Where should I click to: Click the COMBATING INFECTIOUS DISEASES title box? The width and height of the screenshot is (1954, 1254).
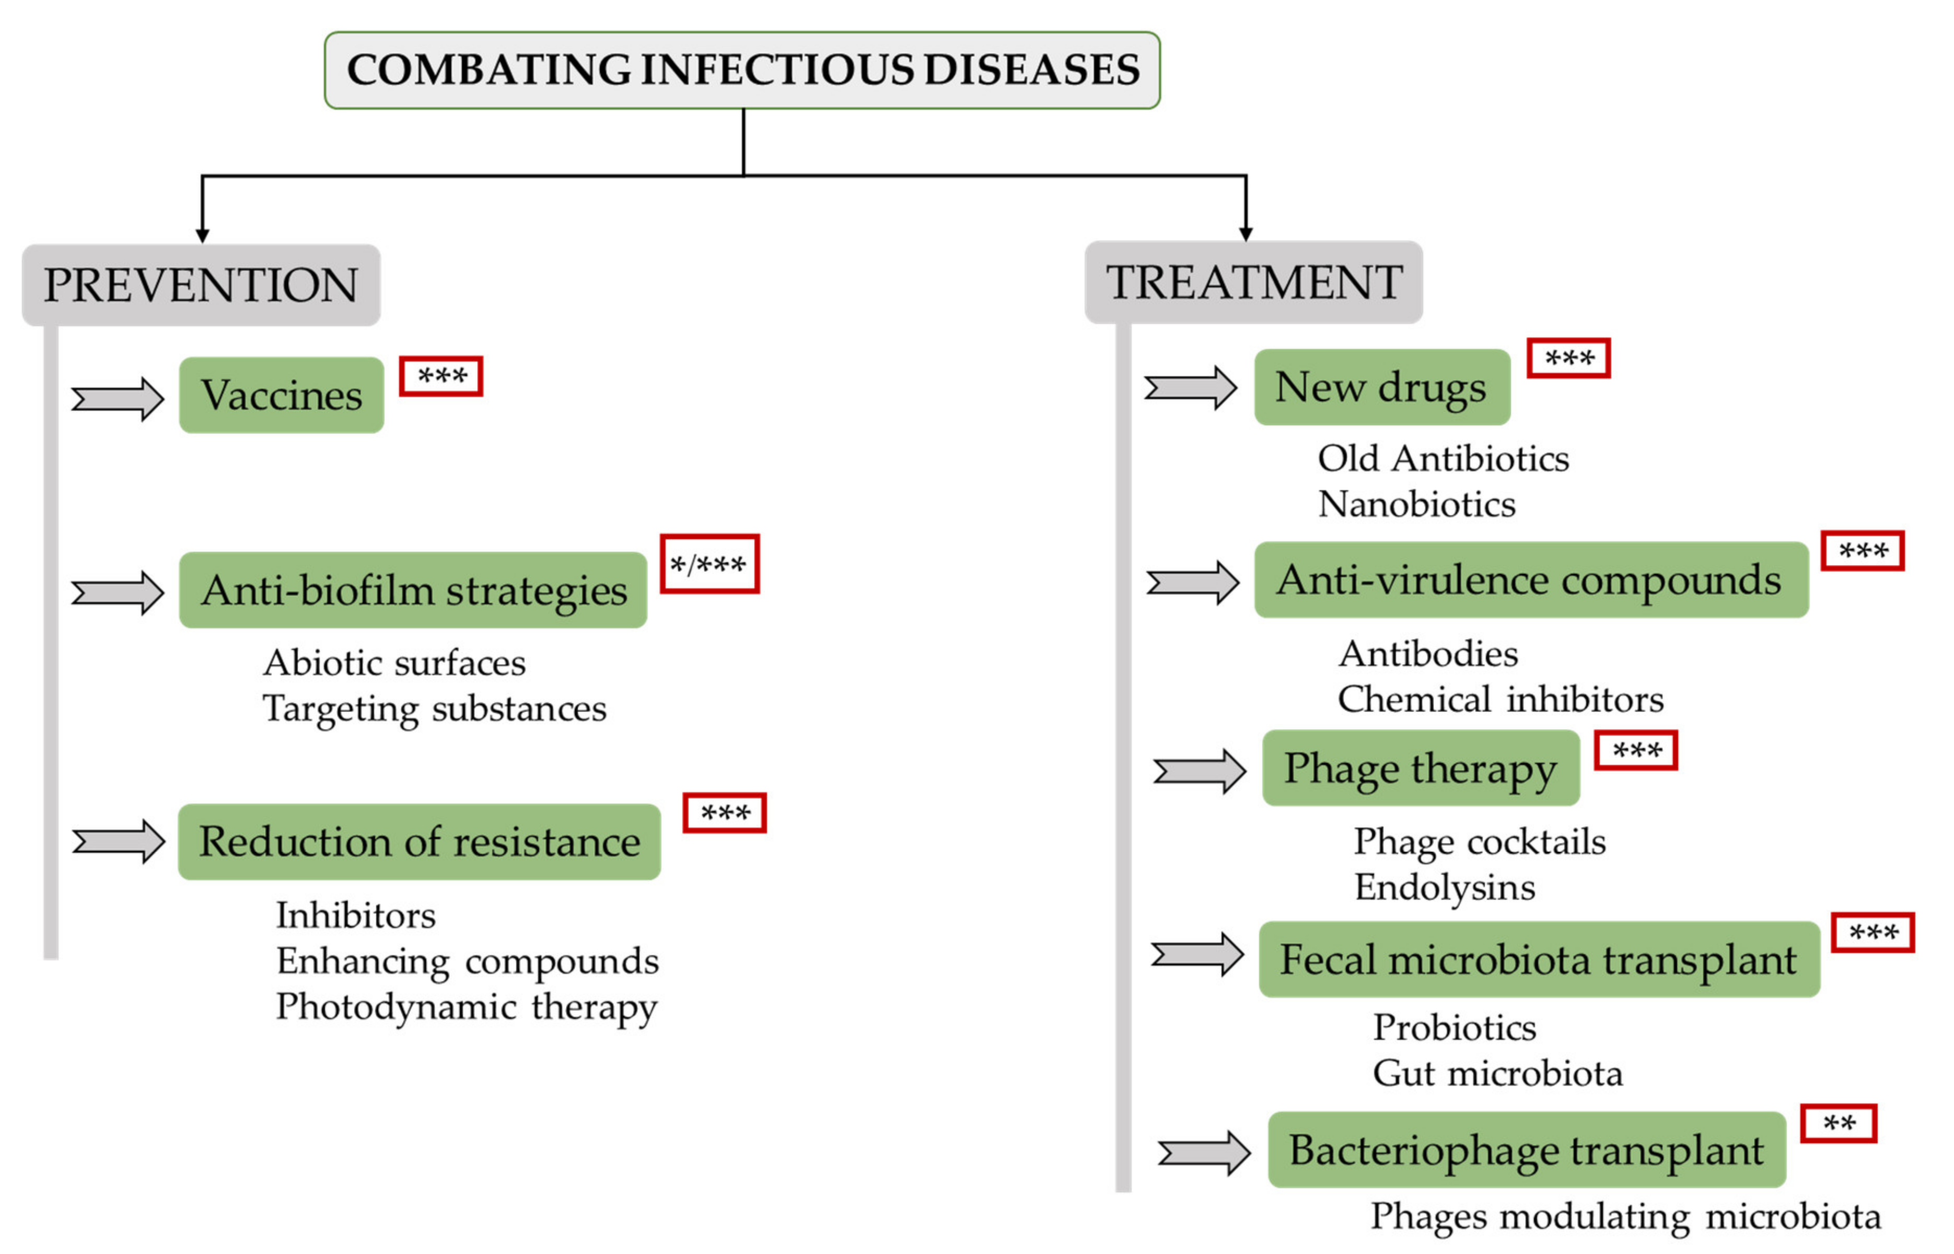(x=742, y=70)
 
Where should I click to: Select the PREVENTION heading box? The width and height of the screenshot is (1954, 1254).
(x=201, y=285)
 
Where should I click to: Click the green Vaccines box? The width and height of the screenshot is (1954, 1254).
(x=282, y=395)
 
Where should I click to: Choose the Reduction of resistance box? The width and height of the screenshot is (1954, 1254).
(x=420, y=841)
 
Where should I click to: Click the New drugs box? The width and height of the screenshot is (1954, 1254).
(x=1381, y=387)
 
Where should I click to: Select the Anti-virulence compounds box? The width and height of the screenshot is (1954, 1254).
(x=1531, y=580)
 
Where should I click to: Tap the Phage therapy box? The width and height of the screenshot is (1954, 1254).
(x=1421, y=768)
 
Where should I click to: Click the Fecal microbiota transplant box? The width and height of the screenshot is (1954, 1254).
(x=1539, y=959)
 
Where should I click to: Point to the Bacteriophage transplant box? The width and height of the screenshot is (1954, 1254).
(x=1527, y=1150)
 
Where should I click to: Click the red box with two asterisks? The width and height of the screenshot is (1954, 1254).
(x=1839, y=1124)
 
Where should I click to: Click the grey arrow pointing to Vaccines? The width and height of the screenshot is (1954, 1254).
(x=118, y=399)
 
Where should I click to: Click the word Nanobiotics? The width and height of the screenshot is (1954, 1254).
(x=1417, y=504)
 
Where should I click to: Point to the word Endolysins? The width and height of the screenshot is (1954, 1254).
(x=1444, y=887)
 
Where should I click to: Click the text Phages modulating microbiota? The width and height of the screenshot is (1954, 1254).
(x=1625, y=1216)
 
